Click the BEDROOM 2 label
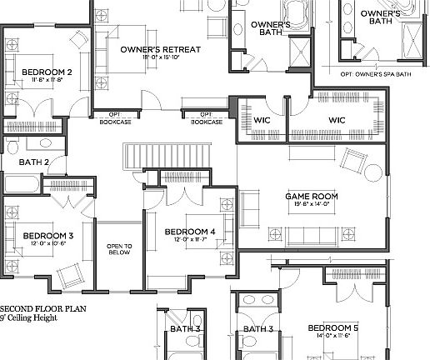click(47, 72)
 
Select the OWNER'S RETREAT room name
click(160, 50)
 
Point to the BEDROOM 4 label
click(190, 231)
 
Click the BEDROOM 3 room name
click(47, 236)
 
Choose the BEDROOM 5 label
click(332, 327)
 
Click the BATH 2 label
click(35, 162)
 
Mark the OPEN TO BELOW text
click(119, 250)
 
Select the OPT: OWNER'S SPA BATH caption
click(375, 74)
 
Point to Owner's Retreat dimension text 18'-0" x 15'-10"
click(160, 59)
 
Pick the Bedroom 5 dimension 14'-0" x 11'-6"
click(332, 337)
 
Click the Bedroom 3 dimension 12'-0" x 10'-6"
click(47, 245)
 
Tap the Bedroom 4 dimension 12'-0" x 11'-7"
click(190, 240)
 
